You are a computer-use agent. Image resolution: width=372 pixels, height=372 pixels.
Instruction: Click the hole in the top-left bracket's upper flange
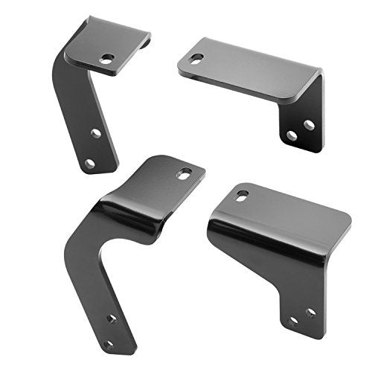point(108,57)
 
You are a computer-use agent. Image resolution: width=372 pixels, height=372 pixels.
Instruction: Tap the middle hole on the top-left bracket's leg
point(96,133)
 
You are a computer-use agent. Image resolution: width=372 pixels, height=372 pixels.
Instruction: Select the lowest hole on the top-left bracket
point(89,163)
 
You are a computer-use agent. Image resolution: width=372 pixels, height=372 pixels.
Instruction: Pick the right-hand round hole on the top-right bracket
point(309,125)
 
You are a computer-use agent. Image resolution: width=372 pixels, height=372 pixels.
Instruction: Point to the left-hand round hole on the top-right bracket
point(292,135)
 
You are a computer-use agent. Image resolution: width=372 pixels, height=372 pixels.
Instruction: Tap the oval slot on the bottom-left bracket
point(184,173)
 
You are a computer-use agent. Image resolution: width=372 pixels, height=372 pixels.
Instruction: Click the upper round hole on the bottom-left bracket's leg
point(112,318)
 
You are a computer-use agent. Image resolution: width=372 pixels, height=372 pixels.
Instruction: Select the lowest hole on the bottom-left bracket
point(109,344)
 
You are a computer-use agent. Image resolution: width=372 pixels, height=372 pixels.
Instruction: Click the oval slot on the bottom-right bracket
point(243,195)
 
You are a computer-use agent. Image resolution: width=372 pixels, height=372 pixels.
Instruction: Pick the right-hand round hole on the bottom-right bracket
point(310,312)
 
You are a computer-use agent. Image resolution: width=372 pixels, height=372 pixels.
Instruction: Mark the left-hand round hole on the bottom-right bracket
point(293,321)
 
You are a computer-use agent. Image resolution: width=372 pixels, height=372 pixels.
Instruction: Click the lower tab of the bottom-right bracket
point(301,301)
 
